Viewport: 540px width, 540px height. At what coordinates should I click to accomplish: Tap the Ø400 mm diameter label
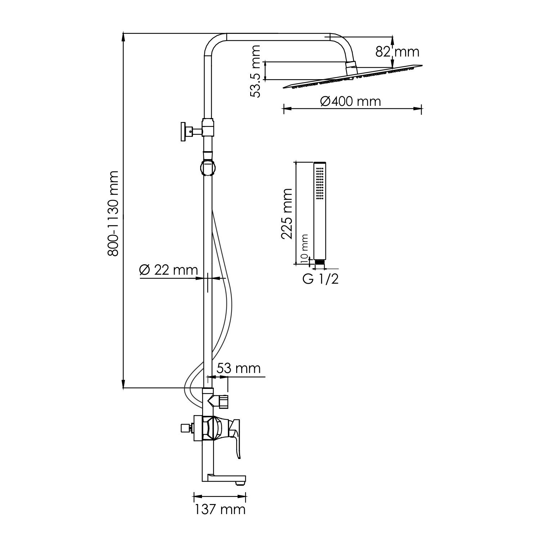pos(350,102)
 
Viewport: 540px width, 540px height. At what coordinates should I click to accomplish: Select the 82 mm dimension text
pos(397,52)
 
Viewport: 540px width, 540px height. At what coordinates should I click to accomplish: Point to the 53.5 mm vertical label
pos(256,72)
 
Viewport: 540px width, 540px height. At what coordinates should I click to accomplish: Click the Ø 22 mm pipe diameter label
pos(168,270)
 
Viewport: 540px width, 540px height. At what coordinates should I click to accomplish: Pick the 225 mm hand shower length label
pos(287,213)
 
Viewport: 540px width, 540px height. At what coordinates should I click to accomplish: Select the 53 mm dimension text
pos(238,368)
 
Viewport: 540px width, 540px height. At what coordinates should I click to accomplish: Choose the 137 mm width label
pos(220,509)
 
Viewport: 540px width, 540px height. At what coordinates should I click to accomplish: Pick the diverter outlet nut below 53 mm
pos(224,402)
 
